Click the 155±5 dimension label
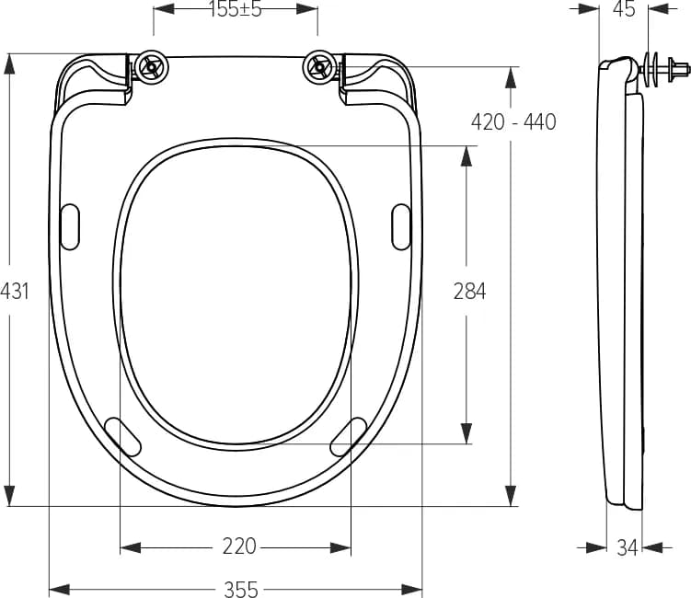[236, 9]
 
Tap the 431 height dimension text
[15, 292]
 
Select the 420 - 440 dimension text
[513, 121]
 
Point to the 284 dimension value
[470, 292]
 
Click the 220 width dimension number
[239, 546]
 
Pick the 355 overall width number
[241, 589]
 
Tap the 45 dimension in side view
[624, 9]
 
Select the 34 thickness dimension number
[628, 547]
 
